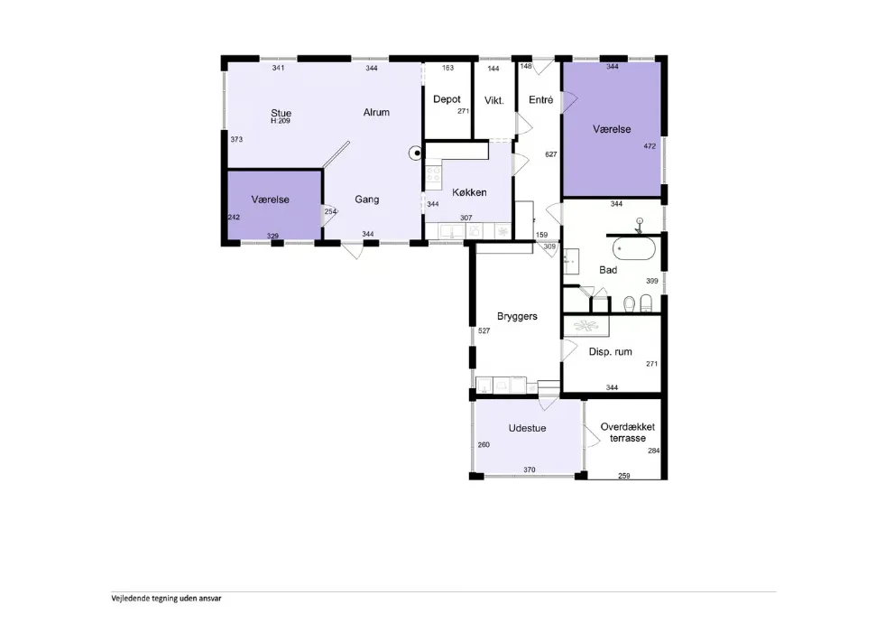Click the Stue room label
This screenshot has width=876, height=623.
click(x=281, y=113)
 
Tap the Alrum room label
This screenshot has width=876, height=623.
click(x=376, y=112)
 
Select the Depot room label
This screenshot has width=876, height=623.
click(x=447, y=99)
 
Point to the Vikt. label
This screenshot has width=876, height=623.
click(x=493, y=100)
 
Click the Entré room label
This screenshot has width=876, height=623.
click(x=540, y=99)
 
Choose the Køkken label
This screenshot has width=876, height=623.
click(x=469, y=192)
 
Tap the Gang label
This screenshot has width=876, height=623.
click(x=367, y=200)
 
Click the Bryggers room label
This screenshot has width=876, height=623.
click(x=517, y=317)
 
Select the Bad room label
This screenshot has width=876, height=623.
click(x=608, y=270)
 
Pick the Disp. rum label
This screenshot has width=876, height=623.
click(x=611, y=352)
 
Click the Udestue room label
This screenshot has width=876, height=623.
click(x=528, y=428)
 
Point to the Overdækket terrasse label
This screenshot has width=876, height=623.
click(x=628, y=432)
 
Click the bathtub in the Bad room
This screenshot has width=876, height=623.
click(x=634, y=249)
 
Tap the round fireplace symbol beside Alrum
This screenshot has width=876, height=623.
click(x=416, y=153)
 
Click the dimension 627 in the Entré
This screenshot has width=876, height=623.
click(x=551, y=154)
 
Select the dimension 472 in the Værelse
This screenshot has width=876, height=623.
click(x=650, y=146)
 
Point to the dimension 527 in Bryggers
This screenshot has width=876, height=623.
click(x=484, y=331)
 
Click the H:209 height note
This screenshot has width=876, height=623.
click(x=281, y=121)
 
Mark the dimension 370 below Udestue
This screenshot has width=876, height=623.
click(x=530, y=470)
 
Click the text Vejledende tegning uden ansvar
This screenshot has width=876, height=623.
click(x=167, y=599)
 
